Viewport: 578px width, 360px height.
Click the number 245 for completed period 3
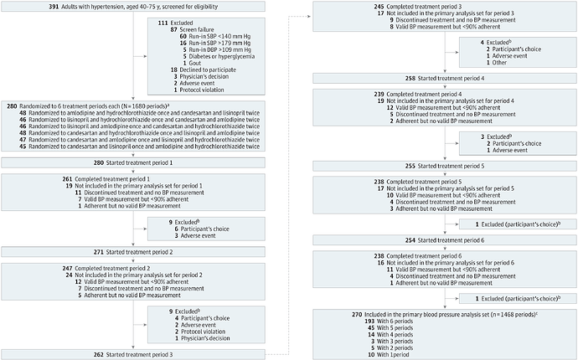321,6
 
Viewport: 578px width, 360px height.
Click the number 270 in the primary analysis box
322,315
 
